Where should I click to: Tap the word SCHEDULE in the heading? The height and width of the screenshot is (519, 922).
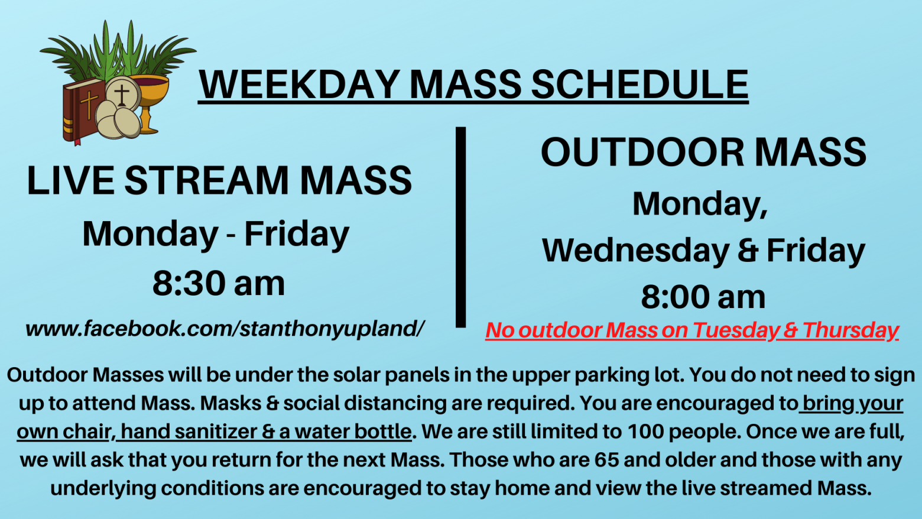[639, 84]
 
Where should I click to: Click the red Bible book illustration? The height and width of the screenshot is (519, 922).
[83, 111]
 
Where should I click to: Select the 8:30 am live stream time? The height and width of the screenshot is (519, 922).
[219, 284]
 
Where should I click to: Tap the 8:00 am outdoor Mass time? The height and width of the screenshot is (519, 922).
[703, 297]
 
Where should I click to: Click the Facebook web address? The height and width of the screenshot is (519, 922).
[225, 329]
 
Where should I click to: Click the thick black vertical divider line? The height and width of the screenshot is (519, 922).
[460, 227]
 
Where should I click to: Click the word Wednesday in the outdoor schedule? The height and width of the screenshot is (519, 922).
[635, 251]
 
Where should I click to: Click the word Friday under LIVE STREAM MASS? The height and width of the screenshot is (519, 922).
[296, 234]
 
